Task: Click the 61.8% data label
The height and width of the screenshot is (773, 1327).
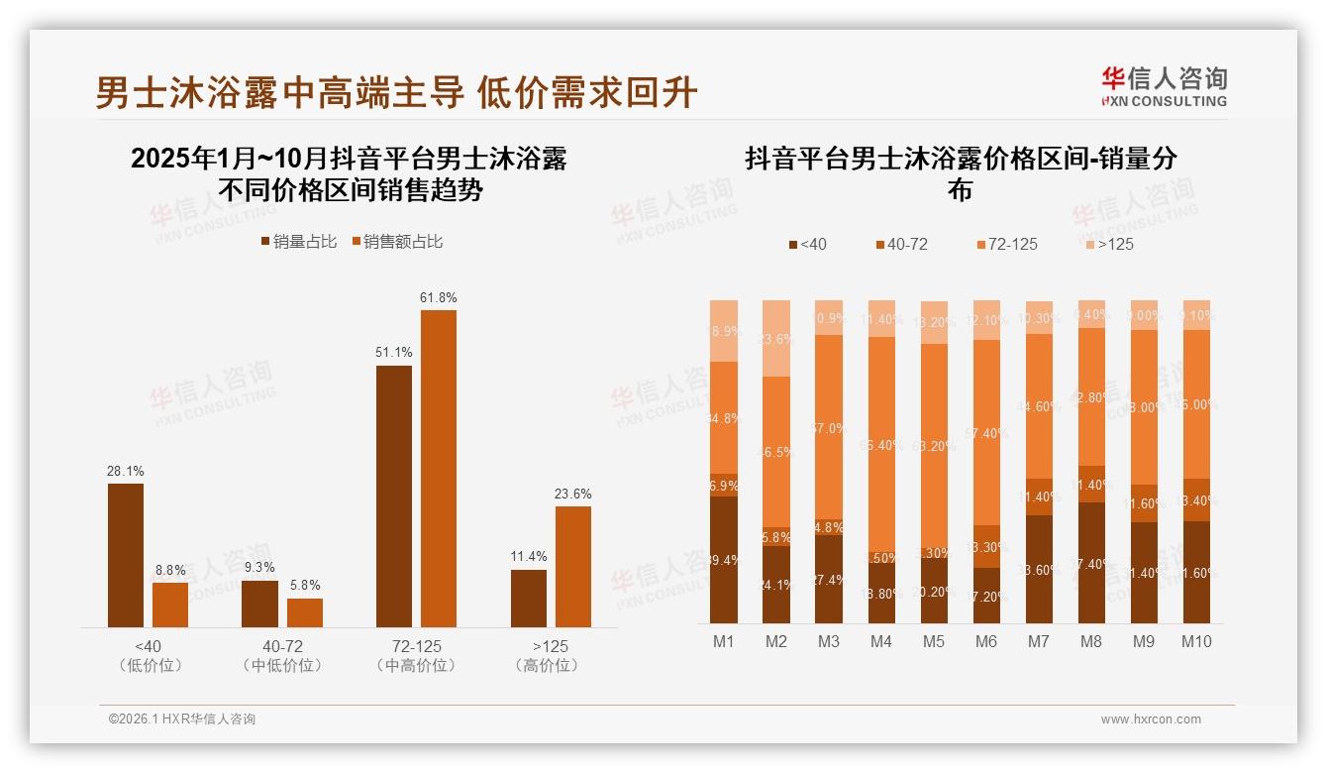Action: [439, 297]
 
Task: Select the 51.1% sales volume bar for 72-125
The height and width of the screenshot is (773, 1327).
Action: [394, 496]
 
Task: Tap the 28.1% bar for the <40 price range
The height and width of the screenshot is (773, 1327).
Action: [126, 555]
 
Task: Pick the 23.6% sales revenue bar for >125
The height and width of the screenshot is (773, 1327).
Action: [572, 566]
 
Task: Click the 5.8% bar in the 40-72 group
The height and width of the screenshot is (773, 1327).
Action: [305, 612]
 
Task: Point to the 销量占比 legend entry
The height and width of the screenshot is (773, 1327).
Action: [299, 241]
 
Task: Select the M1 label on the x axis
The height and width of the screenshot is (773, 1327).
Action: [724, 641]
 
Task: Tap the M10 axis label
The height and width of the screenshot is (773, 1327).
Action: [1196, 641]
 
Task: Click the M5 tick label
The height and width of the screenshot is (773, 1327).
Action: [934, 641]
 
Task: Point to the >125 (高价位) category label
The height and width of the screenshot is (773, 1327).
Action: [547, 656]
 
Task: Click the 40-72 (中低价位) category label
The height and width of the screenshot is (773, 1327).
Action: [282, 656]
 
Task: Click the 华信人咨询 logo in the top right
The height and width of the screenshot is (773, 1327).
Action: [1164, 86]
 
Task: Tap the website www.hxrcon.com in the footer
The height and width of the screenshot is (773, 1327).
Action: [1151, 719]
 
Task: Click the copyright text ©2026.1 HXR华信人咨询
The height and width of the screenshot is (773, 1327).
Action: [181, 719]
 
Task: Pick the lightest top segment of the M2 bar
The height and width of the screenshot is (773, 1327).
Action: [776, 338]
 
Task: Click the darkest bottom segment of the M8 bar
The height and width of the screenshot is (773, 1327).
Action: [1091, 562]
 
